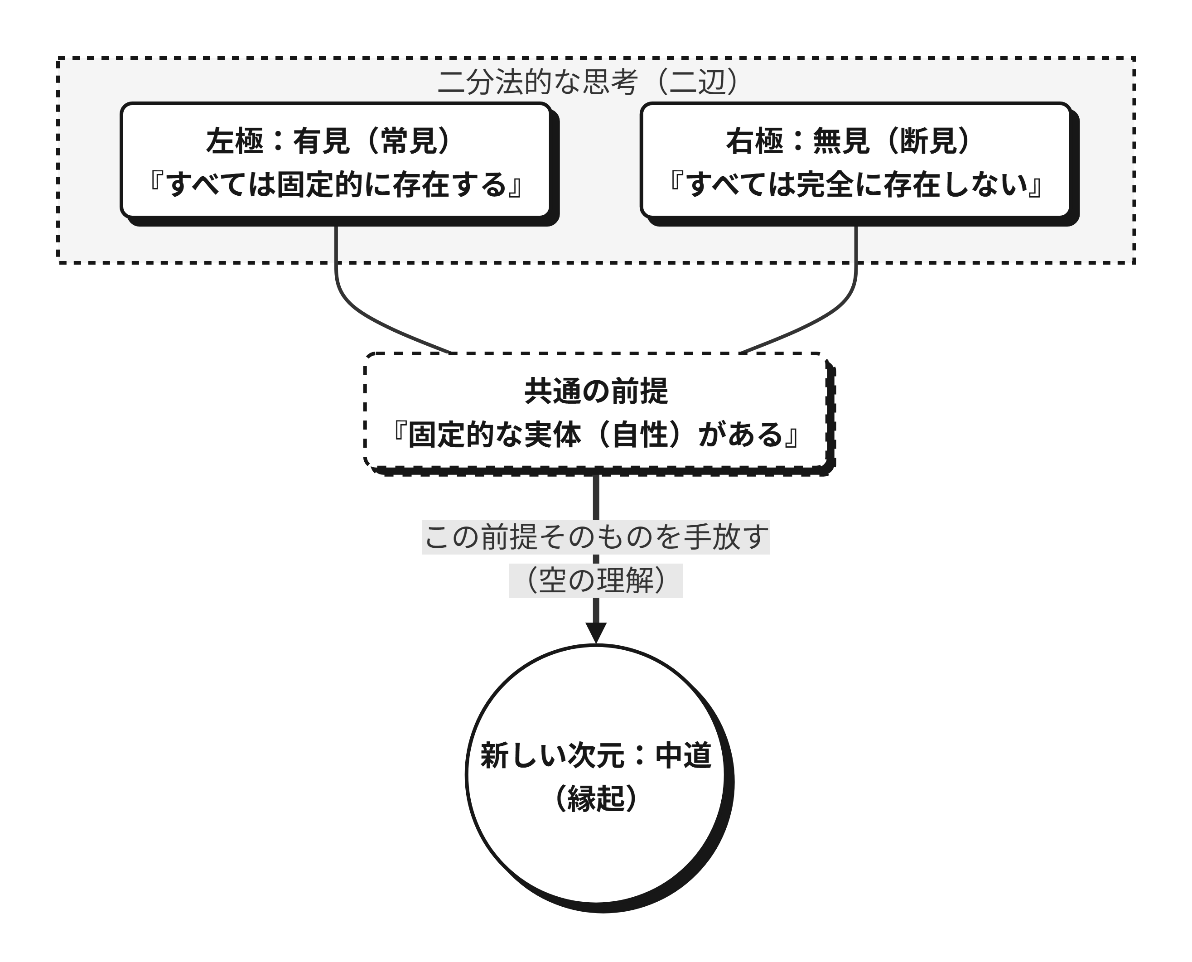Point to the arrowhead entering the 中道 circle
tap(596, 633)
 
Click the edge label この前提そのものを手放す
tap(596, 537)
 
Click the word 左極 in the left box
tap(234, 141)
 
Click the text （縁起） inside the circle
tap(596, 798)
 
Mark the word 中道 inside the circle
tap(684, 755)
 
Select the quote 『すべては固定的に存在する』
tap(336, 184)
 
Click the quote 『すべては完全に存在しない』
tap(856, 184)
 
